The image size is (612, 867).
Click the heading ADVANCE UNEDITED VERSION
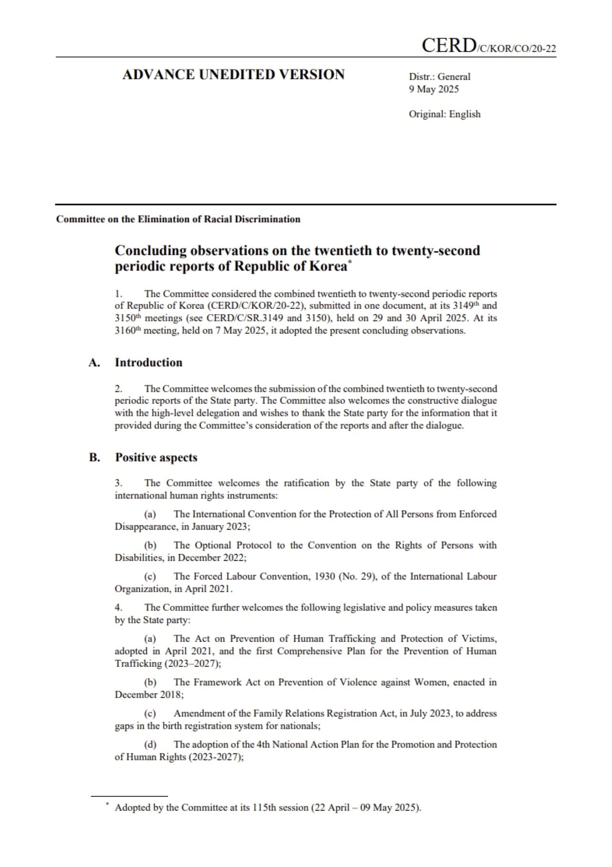point(233,75)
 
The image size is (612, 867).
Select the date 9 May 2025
point(434,89)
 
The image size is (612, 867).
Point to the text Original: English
point(444,114)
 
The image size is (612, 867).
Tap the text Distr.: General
point(439,76)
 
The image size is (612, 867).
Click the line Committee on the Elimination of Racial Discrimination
point(178,219)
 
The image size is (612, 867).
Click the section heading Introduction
point(148,362)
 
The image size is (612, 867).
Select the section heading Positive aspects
point(156,457)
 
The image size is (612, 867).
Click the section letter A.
point(94,362)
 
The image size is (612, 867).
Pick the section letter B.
point(94,457)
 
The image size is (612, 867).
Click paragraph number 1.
point(118,293)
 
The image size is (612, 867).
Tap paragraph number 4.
point(118,607)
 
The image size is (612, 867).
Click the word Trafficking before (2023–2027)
point(138,664)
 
